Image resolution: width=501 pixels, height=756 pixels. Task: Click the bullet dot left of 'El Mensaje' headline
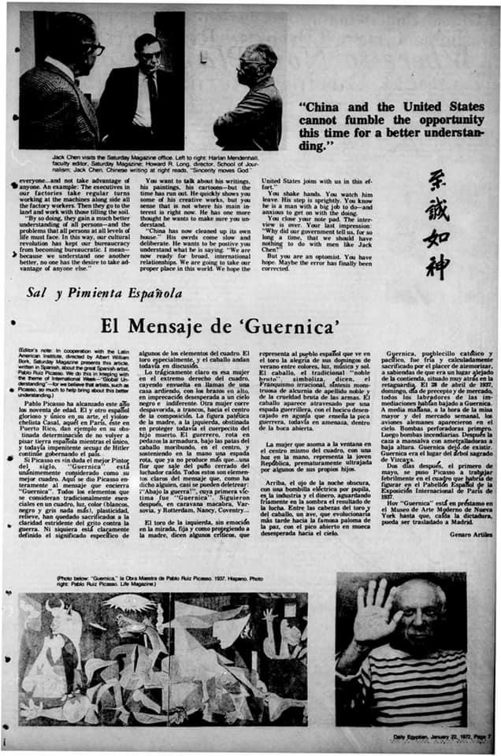pos(17,324)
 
